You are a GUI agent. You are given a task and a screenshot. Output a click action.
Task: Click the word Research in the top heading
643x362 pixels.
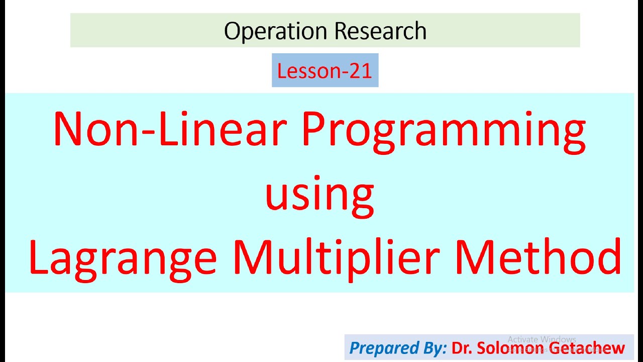pos(380,31)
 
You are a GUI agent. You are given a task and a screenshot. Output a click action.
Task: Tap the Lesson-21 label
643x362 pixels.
pos(325,71)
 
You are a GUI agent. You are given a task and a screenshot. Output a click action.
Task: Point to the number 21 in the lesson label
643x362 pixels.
pos(360,71)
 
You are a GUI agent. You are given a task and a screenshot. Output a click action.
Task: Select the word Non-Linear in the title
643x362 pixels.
pos(171,130)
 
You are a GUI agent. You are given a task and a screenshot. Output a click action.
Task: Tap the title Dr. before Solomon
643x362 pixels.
pos(463,348)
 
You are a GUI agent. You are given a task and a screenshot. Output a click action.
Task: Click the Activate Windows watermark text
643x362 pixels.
pos(542,339)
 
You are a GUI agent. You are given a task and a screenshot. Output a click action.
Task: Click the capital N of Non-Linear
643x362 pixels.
pos(70,130)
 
